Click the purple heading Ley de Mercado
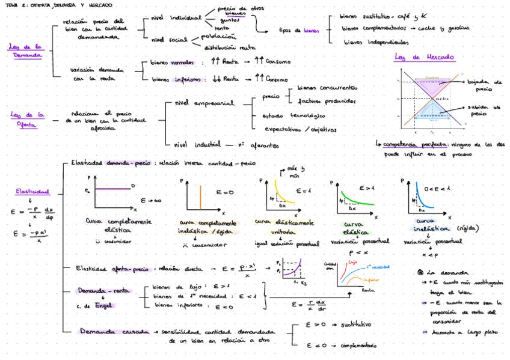coord(424,58)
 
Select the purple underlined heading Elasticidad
coord(32,192)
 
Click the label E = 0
coord(224,192)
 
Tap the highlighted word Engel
coord(103,305)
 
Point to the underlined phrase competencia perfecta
coord(414,144)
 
